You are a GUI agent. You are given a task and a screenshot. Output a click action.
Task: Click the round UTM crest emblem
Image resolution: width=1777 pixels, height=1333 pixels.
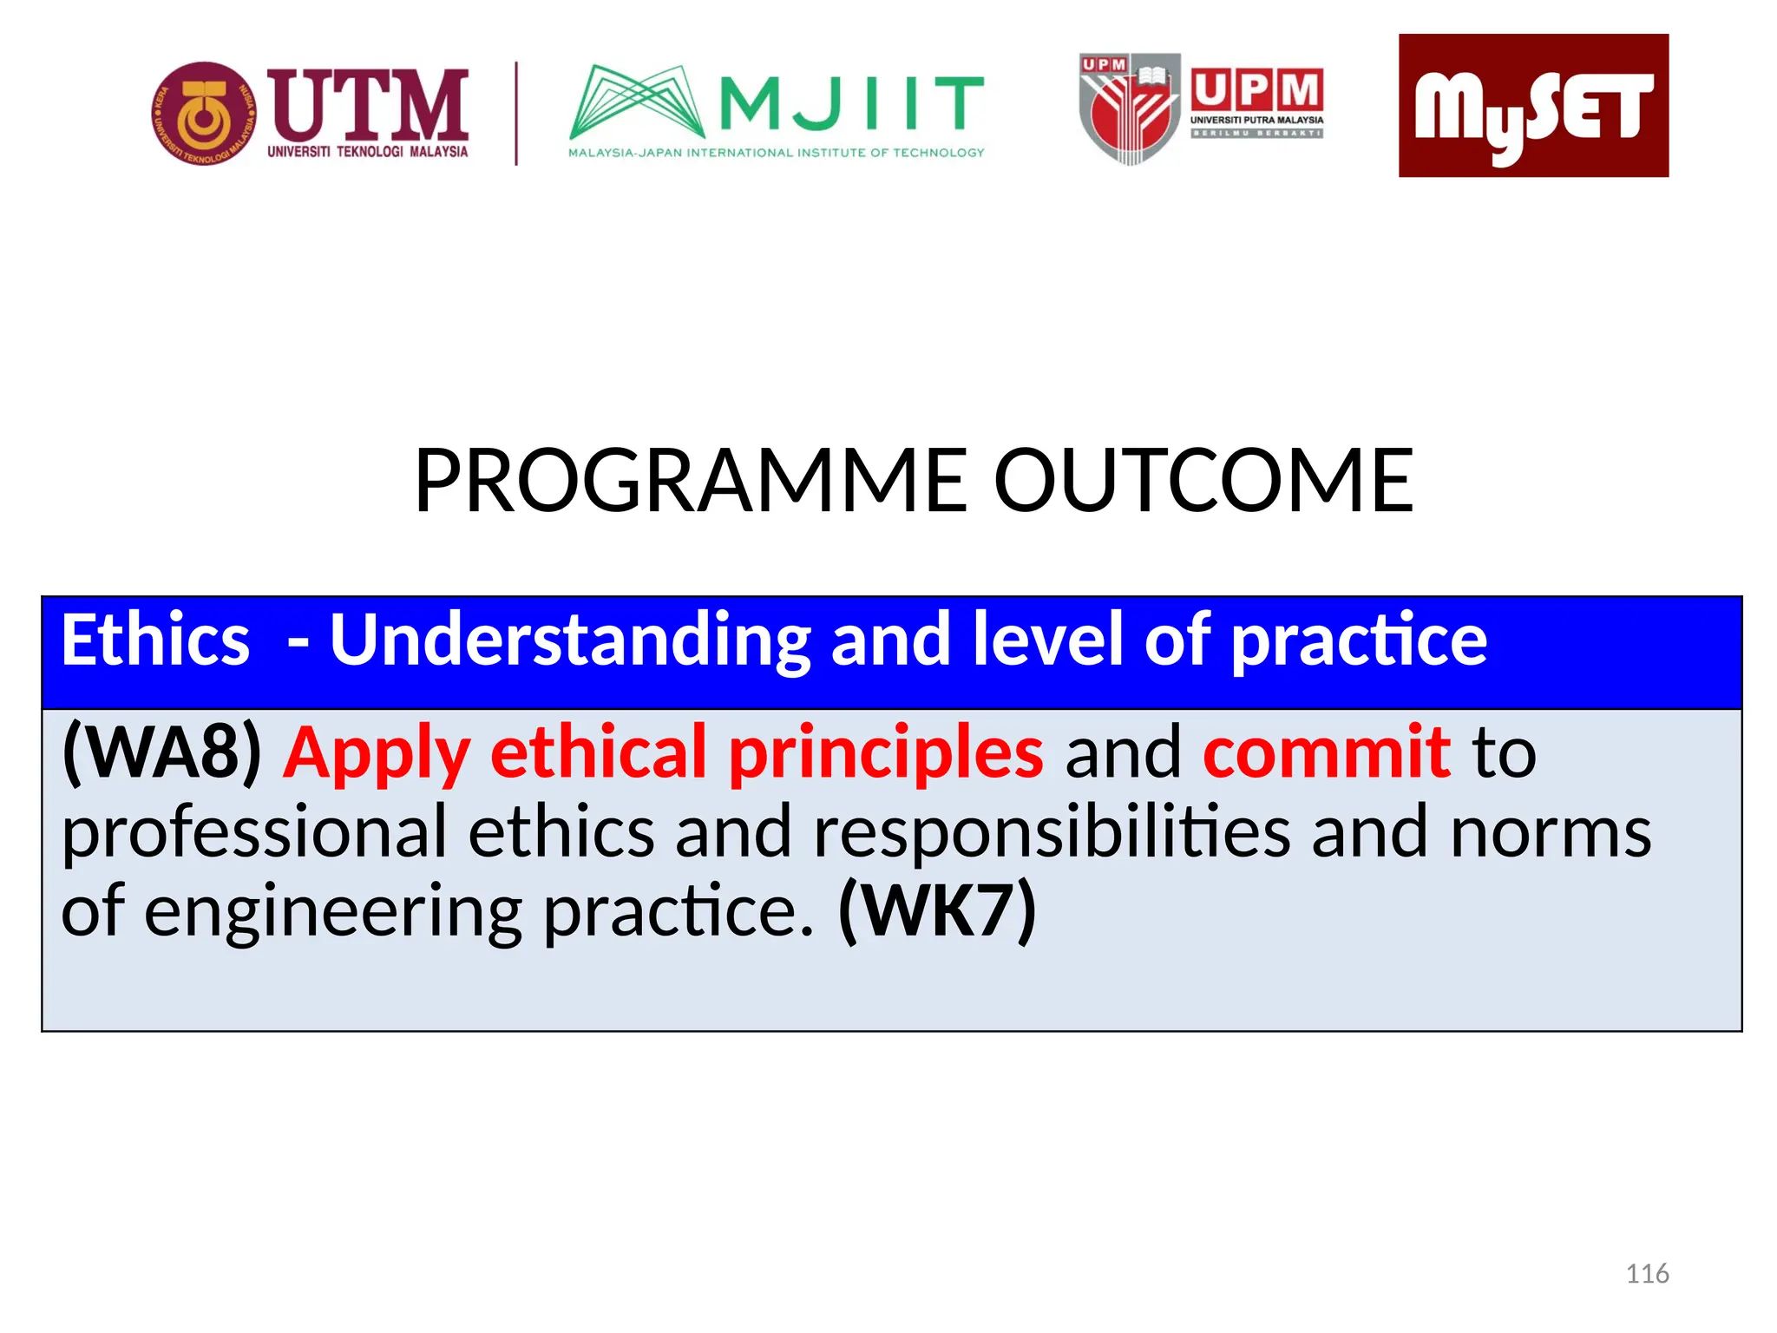point(204,113)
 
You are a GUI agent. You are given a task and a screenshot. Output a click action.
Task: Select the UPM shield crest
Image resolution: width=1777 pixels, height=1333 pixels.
point(1130,109)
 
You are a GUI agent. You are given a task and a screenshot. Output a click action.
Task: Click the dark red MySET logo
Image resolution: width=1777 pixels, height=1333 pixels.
point(1533,106)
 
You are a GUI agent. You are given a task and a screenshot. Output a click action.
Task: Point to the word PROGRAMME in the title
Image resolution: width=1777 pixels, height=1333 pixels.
point(691,481)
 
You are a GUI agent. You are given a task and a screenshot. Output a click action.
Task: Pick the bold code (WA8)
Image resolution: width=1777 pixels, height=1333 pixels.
point(162,752)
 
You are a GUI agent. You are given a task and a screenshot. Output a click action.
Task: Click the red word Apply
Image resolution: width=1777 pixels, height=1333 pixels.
point(377,752)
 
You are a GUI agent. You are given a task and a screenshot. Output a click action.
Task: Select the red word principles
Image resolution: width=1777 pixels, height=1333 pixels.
point(886,752)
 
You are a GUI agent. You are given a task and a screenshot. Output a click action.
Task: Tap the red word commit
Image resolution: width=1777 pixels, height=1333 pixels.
point(1326,752)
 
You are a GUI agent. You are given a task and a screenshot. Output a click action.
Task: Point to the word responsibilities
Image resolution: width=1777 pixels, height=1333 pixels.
point(1052,832)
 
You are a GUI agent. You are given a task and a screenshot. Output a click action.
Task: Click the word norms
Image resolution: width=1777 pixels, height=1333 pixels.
point(1551,832)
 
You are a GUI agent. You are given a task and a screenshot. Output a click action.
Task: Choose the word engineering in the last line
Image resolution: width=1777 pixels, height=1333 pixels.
point(332,911)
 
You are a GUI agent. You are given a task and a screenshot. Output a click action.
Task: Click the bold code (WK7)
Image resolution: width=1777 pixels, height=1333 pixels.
point(937,911)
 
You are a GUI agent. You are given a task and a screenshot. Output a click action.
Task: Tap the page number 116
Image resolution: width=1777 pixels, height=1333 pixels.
point(1647,1274)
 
